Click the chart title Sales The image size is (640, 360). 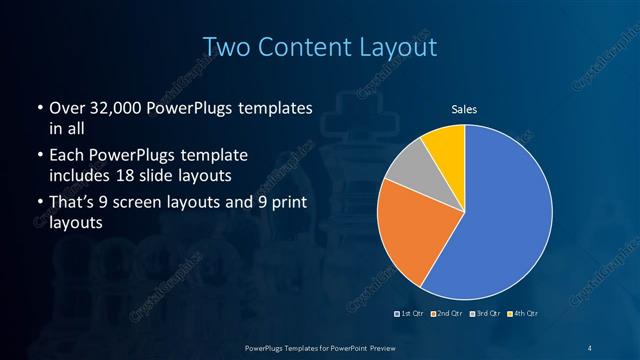point(464,108)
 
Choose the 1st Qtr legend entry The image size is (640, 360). point(411,315)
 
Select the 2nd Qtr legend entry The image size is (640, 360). point(446,315)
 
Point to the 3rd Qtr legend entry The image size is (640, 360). point(483,315)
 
